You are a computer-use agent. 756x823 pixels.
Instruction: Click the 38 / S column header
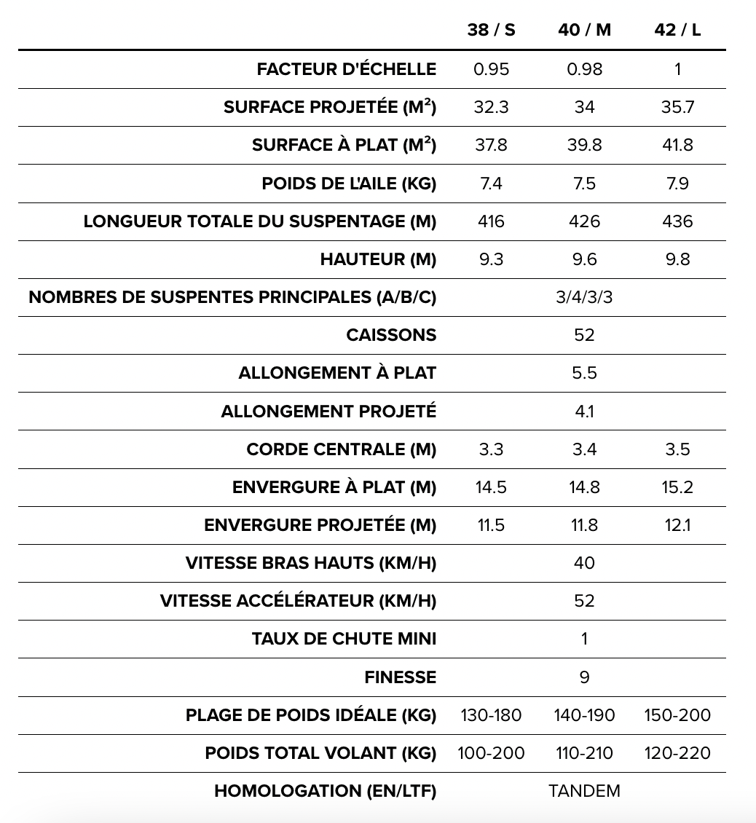tap(491, 30)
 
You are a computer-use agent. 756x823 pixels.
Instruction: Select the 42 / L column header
tap(677, 30)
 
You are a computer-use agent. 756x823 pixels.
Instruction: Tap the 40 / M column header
tap(584, 30)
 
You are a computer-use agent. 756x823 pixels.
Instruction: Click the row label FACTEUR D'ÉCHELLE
tap(346, 69)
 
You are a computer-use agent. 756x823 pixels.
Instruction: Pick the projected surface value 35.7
tap(677, 107)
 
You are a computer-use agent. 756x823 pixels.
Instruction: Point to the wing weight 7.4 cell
tap(491, 184)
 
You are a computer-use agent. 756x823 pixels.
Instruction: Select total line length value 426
tap(584, 221)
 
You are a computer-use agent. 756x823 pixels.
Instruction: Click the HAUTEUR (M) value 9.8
tap(677, 259)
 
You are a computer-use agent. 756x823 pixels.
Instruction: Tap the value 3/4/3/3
tap(584, 297)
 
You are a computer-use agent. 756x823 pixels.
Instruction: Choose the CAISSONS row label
tap(391, 335)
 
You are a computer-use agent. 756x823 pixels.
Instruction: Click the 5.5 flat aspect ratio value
tap(584, 373)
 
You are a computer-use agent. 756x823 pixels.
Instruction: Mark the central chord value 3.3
tap(491, 449)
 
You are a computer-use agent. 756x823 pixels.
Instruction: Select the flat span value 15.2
tap(677, 487)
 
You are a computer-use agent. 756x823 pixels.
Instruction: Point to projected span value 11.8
tap(584, 525)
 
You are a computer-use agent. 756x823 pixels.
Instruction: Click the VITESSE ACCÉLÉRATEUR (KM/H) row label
tap(298, 601)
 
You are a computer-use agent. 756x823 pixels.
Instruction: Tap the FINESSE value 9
tap(584, 677)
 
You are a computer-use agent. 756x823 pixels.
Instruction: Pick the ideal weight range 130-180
tap(491, 715)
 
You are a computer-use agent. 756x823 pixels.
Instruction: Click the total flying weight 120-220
tap(677, 753)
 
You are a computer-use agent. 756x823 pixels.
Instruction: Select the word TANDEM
tap(584, 791)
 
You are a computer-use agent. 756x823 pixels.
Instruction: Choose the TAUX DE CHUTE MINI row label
tap(344, 639)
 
